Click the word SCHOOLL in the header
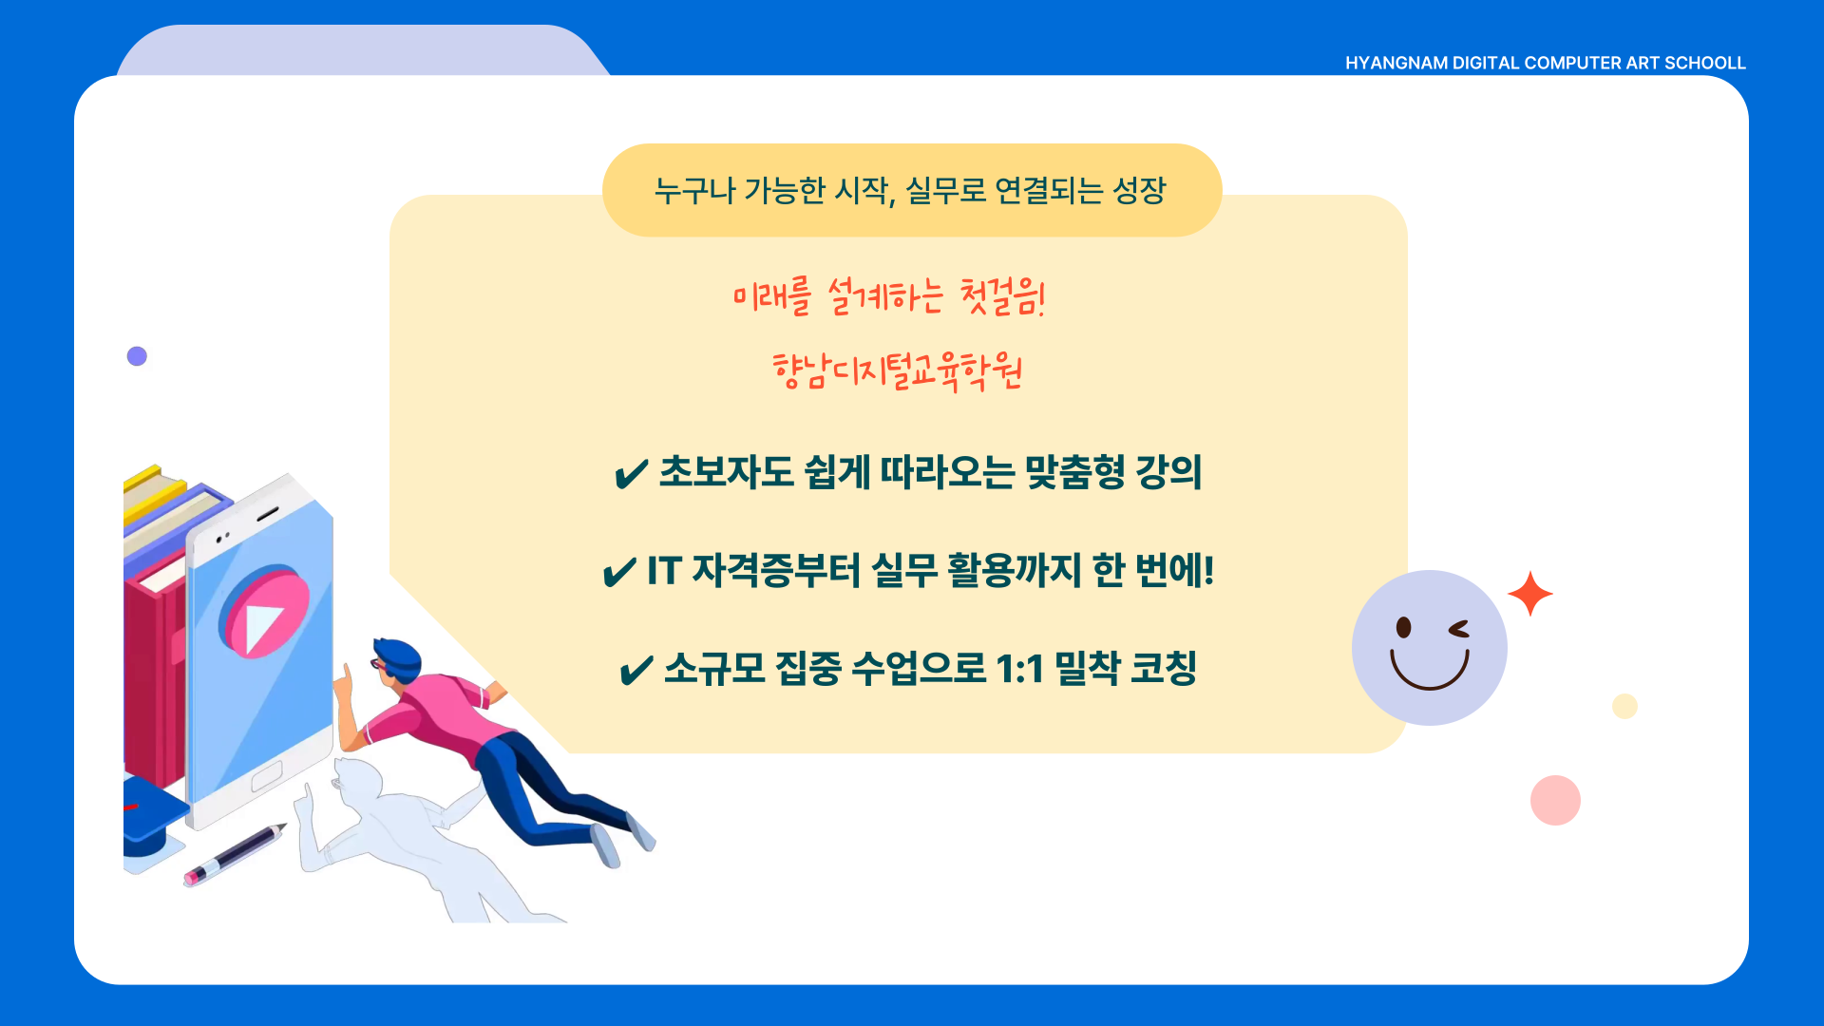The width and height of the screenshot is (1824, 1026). [x=1705, y=63]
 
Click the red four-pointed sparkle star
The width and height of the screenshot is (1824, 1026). [x=1530, y=594]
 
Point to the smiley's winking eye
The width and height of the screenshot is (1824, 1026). [x=1458, y=629]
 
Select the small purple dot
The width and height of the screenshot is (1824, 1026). [x=137, y=356]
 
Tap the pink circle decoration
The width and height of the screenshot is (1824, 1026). [x=1555, y=800]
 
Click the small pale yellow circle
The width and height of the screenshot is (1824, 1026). [x=1624, y=706]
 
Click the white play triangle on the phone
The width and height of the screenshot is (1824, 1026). [x=262, y=625]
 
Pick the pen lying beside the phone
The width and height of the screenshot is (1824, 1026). [x=235, y=854]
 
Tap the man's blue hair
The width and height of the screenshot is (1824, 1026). [x=397, y=655]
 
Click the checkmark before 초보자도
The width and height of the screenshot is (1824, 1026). [x=631, y=473]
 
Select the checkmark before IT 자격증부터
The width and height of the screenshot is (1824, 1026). [x=619, y=572]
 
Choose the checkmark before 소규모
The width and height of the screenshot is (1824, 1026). [x=636, y=670]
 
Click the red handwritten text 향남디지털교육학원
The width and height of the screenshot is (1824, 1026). [x=898, y=371]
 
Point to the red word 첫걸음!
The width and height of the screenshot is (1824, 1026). [x=1003, y=296]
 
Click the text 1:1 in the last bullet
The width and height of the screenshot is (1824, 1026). [x=1019, y=669]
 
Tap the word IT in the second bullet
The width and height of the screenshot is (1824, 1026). [x=664, y=571]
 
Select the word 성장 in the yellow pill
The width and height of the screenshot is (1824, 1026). [x=1139, y=190]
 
